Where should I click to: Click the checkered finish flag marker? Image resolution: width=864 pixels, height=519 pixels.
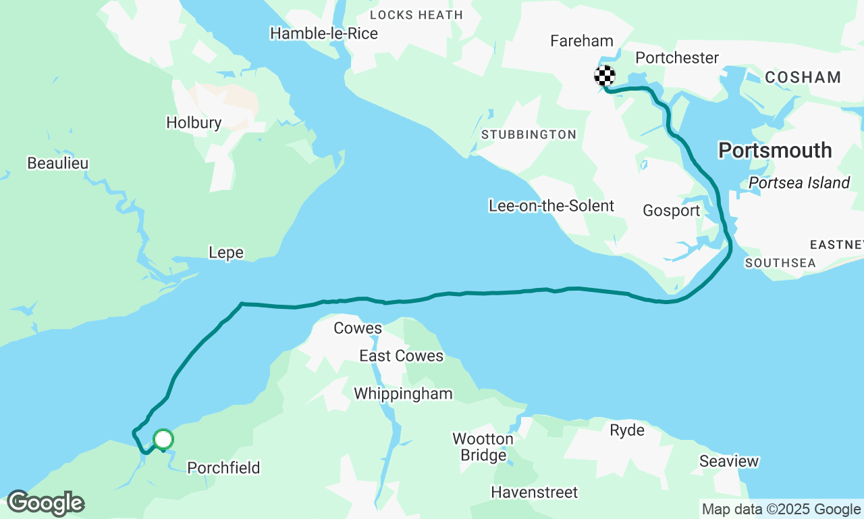coord(604,76)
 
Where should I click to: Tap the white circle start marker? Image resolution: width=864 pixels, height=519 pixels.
coord(163,439)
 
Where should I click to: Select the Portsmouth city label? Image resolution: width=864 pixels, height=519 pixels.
coord(775,150)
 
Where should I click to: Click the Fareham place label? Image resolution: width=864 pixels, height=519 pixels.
coord(582,41)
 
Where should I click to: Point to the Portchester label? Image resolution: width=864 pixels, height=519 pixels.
coord(677,58)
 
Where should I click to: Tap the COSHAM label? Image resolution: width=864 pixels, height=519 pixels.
coord(803,78)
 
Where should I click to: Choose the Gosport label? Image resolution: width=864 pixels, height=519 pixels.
coord(671,211)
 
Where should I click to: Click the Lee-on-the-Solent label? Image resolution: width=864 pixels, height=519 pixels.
coord(551,206)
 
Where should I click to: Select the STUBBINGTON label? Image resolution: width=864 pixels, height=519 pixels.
coord(529,135)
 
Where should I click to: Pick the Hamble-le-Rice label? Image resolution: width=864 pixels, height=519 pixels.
coord(324,33)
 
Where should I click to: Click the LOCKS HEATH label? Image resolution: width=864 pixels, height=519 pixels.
coord(416,15)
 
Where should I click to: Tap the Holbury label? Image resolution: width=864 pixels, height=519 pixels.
coord(194,123)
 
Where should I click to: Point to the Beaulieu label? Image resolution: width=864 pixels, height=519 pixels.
coord(58,164)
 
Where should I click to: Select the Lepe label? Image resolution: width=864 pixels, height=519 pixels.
coord(226,253)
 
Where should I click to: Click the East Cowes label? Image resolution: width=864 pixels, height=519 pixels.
coord(401,356)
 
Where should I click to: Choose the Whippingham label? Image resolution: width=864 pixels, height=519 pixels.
coord(403,393)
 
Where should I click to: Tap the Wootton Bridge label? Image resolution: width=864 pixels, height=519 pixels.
coord(483,447)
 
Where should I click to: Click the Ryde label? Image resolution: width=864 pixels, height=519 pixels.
coord(626,430)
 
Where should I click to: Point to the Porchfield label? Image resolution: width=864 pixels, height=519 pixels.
coord(223,468)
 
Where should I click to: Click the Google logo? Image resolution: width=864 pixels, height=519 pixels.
coord(45,503)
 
